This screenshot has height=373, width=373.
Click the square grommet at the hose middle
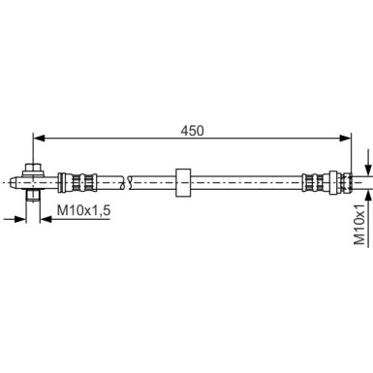click(182, 179)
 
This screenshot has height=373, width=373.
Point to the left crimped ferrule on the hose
click(76, 179)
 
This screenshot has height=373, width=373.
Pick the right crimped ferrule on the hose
click(316, 179)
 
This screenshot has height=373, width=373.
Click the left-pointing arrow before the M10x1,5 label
click(47, 219)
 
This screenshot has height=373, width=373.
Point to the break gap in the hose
click(126, 179)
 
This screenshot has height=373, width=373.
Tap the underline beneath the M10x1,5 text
click(82, 219)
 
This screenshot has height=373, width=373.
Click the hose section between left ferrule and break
click(107, 179)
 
